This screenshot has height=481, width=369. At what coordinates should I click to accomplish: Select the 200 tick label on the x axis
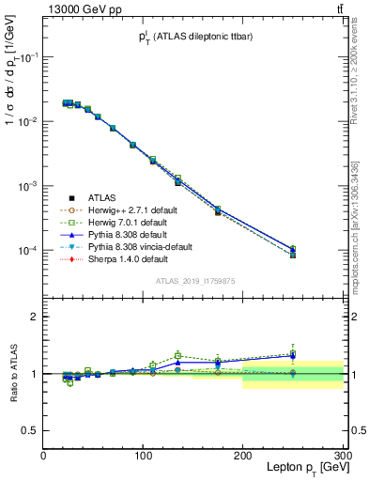tap(243, 457)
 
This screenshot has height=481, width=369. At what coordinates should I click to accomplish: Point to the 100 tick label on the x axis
tap(143, 457)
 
